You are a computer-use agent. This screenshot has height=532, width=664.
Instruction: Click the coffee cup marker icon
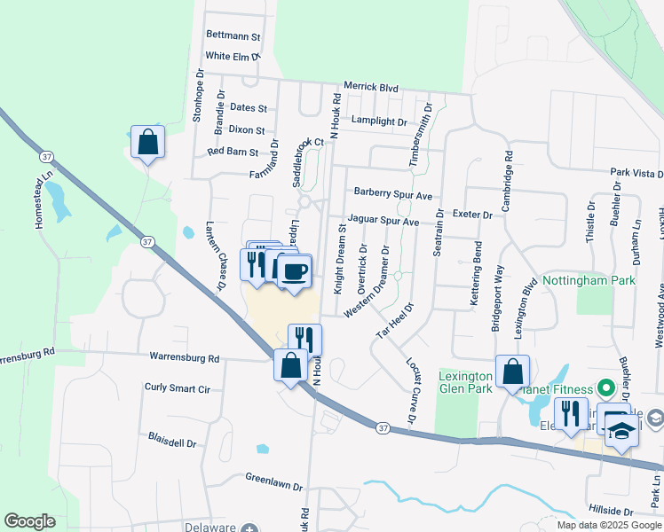pyautogui.click(x=296, y=270)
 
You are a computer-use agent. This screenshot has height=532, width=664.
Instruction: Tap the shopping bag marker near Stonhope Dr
pyautogui.click(x=147, y=141)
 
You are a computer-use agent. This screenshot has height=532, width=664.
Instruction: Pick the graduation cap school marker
pyautogui.click(x=622, y=433)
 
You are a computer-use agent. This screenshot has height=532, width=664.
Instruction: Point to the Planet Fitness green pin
pyautogui.click(x=605, y=387)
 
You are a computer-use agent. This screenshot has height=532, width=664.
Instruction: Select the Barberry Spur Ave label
pyautogui.click(x=392, y=193)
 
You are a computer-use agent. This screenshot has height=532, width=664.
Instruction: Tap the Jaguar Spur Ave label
pyautogui.click(x=383, y=221)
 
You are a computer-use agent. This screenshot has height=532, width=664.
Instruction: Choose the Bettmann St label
pyautogui.click(x=233, y=37)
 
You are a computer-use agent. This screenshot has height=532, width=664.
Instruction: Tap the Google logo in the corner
pyautogui.click(x=29, y=521)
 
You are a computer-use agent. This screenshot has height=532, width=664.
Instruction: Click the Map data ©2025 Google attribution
pyautogui.click(x=609, y=525)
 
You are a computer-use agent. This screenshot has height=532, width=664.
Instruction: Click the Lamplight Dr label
pyautogui.click(x=378, y=121)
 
